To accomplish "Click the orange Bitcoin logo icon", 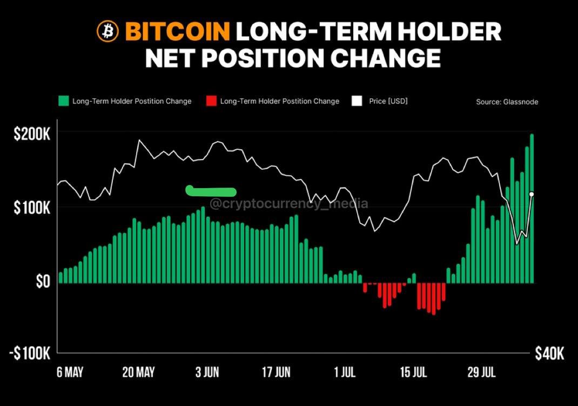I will point(107,32).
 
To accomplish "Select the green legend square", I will point(64,101).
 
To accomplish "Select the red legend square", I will point(211,101).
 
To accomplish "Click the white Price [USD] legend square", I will point(356,101).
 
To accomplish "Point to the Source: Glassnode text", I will point(507,102).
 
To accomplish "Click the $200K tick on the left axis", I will point(32,134).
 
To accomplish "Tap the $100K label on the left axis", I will point(32,208).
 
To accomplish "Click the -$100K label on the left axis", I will point(30,354).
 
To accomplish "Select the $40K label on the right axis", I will point(549,354).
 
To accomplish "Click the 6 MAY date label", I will point(70,372).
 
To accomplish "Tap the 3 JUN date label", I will point(207,372).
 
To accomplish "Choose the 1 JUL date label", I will point(345,372).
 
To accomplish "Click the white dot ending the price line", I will point(532,194).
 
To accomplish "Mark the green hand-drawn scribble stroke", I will point(211,191).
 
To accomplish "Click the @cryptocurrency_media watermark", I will point(288,204).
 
